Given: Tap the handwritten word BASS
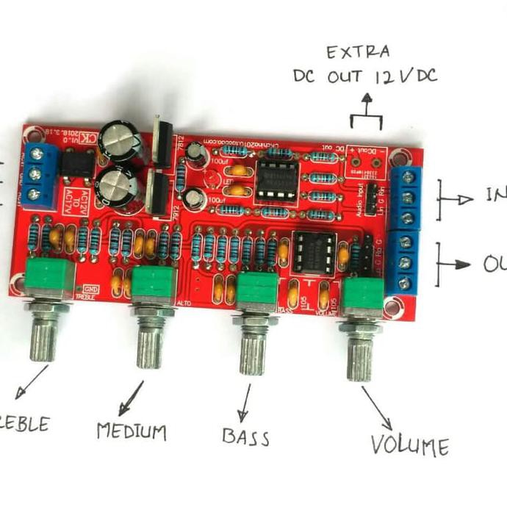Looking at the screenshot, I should tap(245, 436).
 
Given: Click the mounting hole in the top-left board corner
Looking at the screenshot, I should tap(31, 134).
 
